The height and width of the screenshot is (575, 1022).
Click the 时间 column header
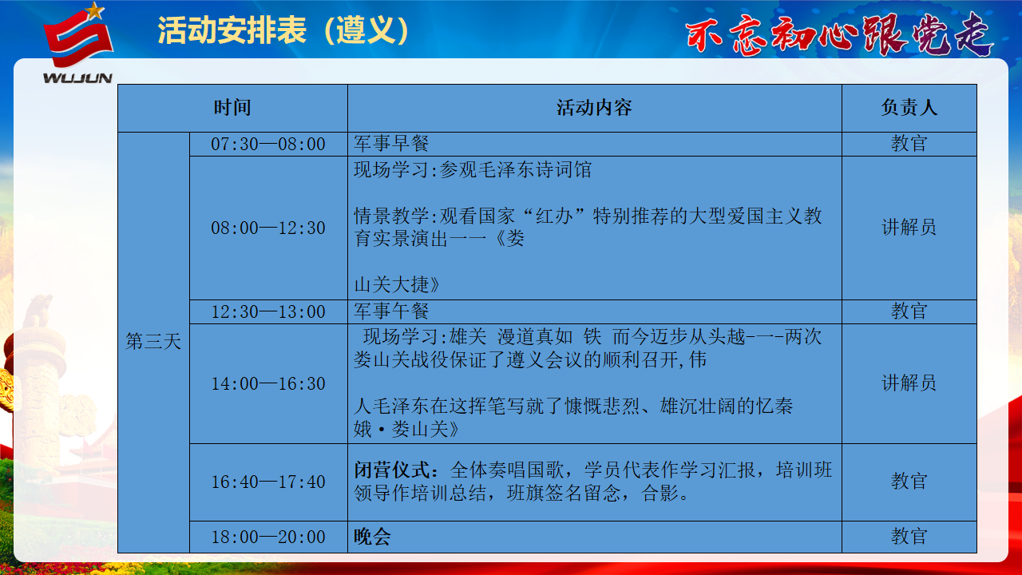[x=232, y=108]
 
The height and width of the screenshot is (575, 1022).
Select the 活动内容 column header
[x=594, y=108]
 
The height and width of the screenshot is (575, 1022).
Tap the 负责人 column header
[x=909, y=108]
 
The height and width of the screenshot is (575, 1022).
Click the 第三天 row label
[x=153, y=341]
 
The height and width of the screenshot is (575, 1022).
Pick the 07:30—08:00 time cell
[x=268, y=145]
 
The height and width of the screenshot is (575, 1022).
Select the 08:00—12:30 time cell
[x=268, y=228]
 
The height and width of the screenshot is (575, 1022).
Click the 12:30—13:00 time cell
[x=268, y=311]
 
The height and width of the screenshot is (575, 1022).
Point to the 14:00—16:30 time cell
[x=268, y=384]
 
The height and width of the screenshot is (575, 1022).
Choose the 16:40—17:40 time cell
[x=268, y=482]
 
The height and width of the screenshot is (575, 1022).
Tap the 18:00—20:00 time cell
[x=268, y=537]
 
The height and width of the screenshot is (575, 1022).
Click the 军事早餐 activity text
[x=391, y=144]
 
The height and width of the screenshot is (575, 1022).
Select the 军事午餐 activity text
[x=391, y=311]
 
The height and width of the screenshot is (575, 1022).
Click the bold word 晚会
[x=372, y=537]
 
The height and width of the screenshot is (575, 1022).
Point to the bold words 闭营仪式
[x=392, y=470]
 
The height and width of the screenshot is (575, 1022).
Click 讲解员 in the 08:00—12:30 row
[x=909, y=228]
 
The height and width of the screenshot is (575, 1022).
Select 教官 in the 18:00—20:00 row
[x=909, y=536]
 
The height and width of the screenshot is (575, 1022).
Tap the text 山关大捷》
[x=397, y=285]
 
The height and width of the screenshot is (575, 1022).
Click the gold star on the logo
[x=94, y=11]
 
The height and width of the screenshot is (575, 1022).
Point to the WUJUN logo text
[x=77, y=78]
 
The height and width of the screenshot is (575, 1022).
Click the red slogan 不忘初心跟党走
[x=839, y=34]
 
